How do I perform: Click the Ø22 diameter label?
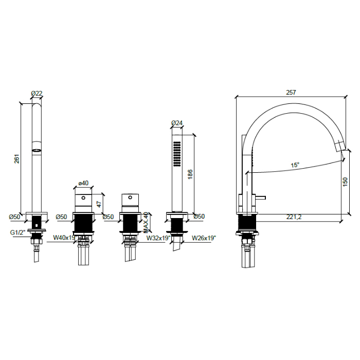coord(36,93)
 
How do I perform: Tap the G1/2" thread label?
coord(18,232)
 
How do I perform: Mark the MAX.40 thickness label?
coord(146,222)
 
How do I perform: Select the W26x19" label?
coord(204,238)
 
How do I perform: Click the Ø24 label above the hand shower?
coord(176,122)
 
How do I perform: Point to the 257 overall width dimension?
coord(291,92)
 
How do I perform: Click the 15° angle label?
coord(295,165)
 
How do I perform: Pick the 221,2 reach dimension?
coord(294,217)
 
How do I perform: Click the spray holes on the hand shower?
coord(176,153)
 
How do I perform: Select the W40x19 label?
coord(64,238)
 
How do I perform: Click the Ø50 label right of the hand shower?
coord(199,217)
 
